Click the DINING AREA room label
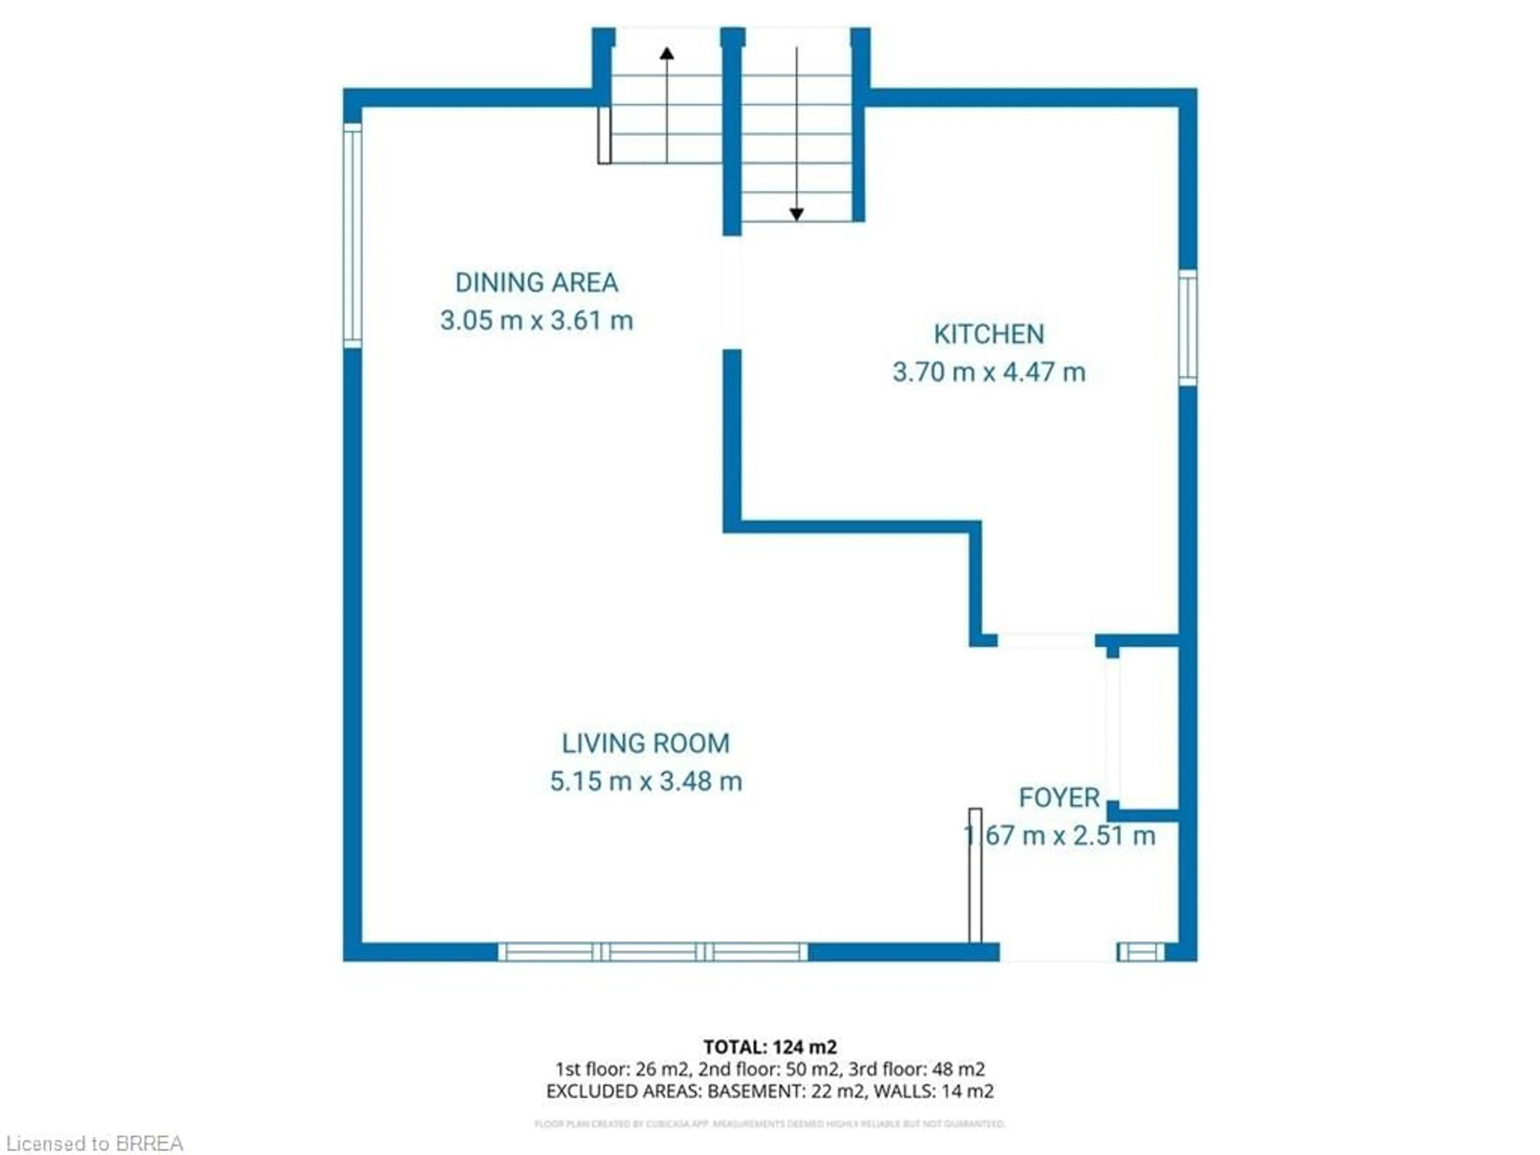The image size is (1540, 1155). pyautogui.click(x=536, y=283)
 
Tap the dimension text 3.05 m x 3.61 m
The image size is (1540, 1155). pyautogui.click(x=536, y=321)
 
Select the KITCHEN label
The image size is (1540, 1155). pyautogui.click(x=989, y=334)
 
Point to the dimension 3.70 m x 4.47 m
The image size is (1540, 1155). pyautogui.click(x=989, y=373)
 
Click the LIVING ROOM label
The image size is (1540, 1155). pyautogui.click(x=645, y=744)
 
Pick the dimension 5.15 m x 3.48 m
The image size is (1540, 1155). pyautogui.click(x=645, y=781)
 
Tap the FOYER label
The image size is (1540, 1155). pyautogui.click(x=1058, y=798)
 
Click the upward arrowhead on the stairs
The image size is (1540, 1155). pyautogui.click(x=667, y=53)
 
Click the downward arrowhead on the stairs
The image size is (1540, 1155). pyautogui.click(x=796, y=215)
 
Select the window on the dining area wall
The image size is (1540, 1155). pyautogui.click(x=352, y=235)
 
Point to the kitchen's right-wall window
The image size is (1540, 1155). pyautogui.click(x=1188, y=327)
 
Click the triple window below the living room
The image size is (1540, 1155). pyautogui.click(x=652, y=952)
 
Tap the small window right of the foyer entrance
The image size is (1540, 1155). pyautogui.click(x=1141, y=952)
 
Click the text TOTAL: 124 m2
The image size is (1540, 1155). pyautogui.click(x=770, y=1047)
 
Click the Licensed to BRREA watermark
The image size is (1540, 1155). pyautogui.click(x=95, y=1143)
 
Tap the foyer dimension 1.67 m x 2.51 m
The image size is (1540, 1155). pyautogui.click(x=1058, y=835)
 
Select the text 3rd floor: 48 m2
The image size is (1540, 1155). pyautogui.click(x=916, y=1069)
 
